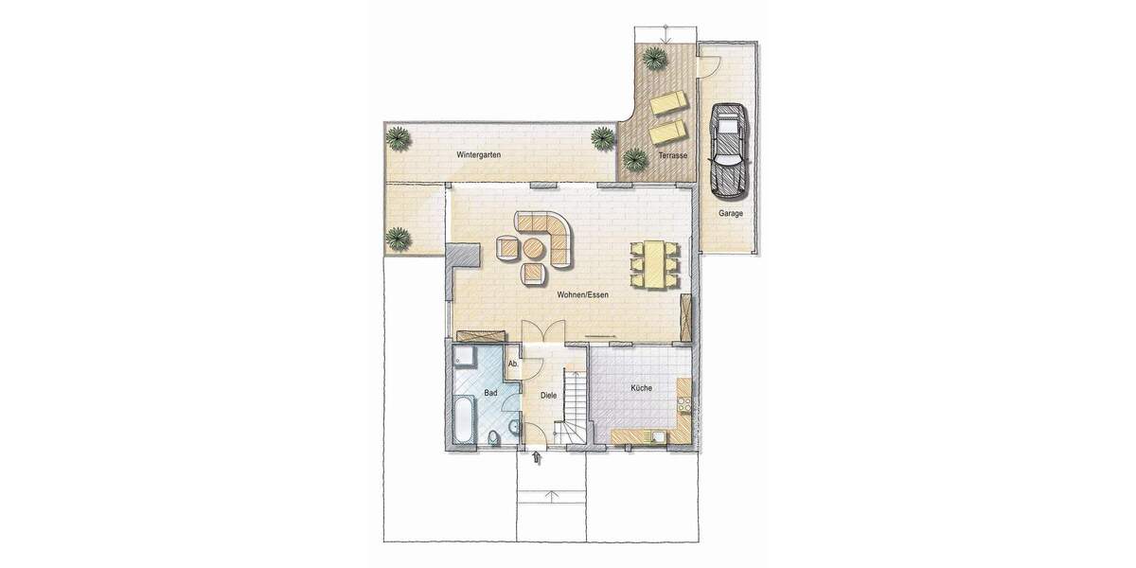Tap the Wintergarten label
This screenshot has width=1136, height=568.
click(x=478, y=154)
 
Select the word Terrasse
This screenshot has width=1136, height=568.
click(x=672, y=154)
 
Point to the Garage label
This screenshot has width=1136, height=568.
click(x=730, y=214)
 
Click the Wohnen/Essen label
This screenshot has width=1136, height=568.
click(x=581, y=295)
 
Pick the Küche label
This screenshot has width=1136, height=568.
click(x=642, y=388)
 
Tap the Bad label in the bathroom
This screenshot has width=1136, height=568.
click(x=490, y=392)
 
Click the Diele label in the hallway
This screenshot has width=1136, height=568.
click(x=548, y=397)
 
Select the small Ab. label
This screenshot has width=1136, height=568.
click(x=513, y=364)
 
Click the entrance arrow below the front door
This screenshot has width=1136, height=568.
click(x=537, y=459)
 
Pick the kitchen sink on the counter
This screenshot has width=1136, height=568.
click(x=656, y=436)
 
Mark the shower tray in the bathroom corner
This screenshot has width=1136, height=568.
click(x=464, y=357)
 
